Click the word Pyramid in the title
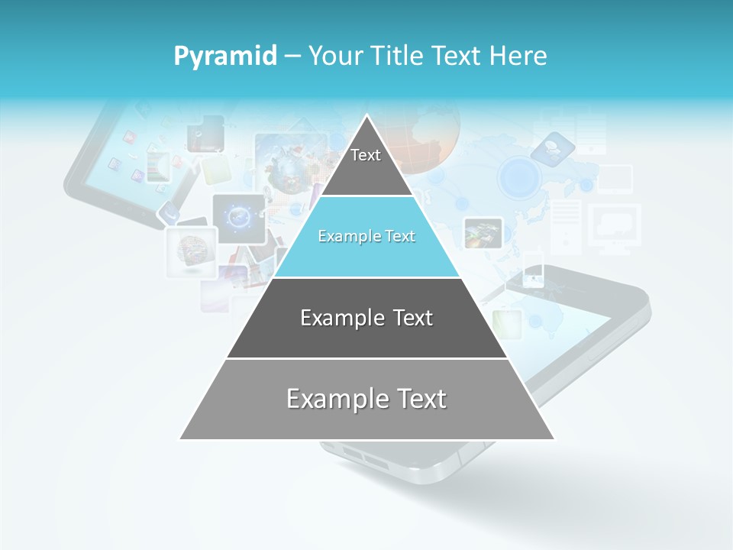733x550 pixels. [x=224, y=57]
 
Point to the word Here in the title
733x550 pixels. [x=518, y=57]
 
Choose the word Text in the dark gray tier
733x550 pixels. [x=412, y=318]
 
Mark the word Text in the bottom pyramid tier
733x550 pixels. [x=421, y=399]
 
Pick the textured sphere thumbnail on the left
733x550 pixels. [x=188, y=250]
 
